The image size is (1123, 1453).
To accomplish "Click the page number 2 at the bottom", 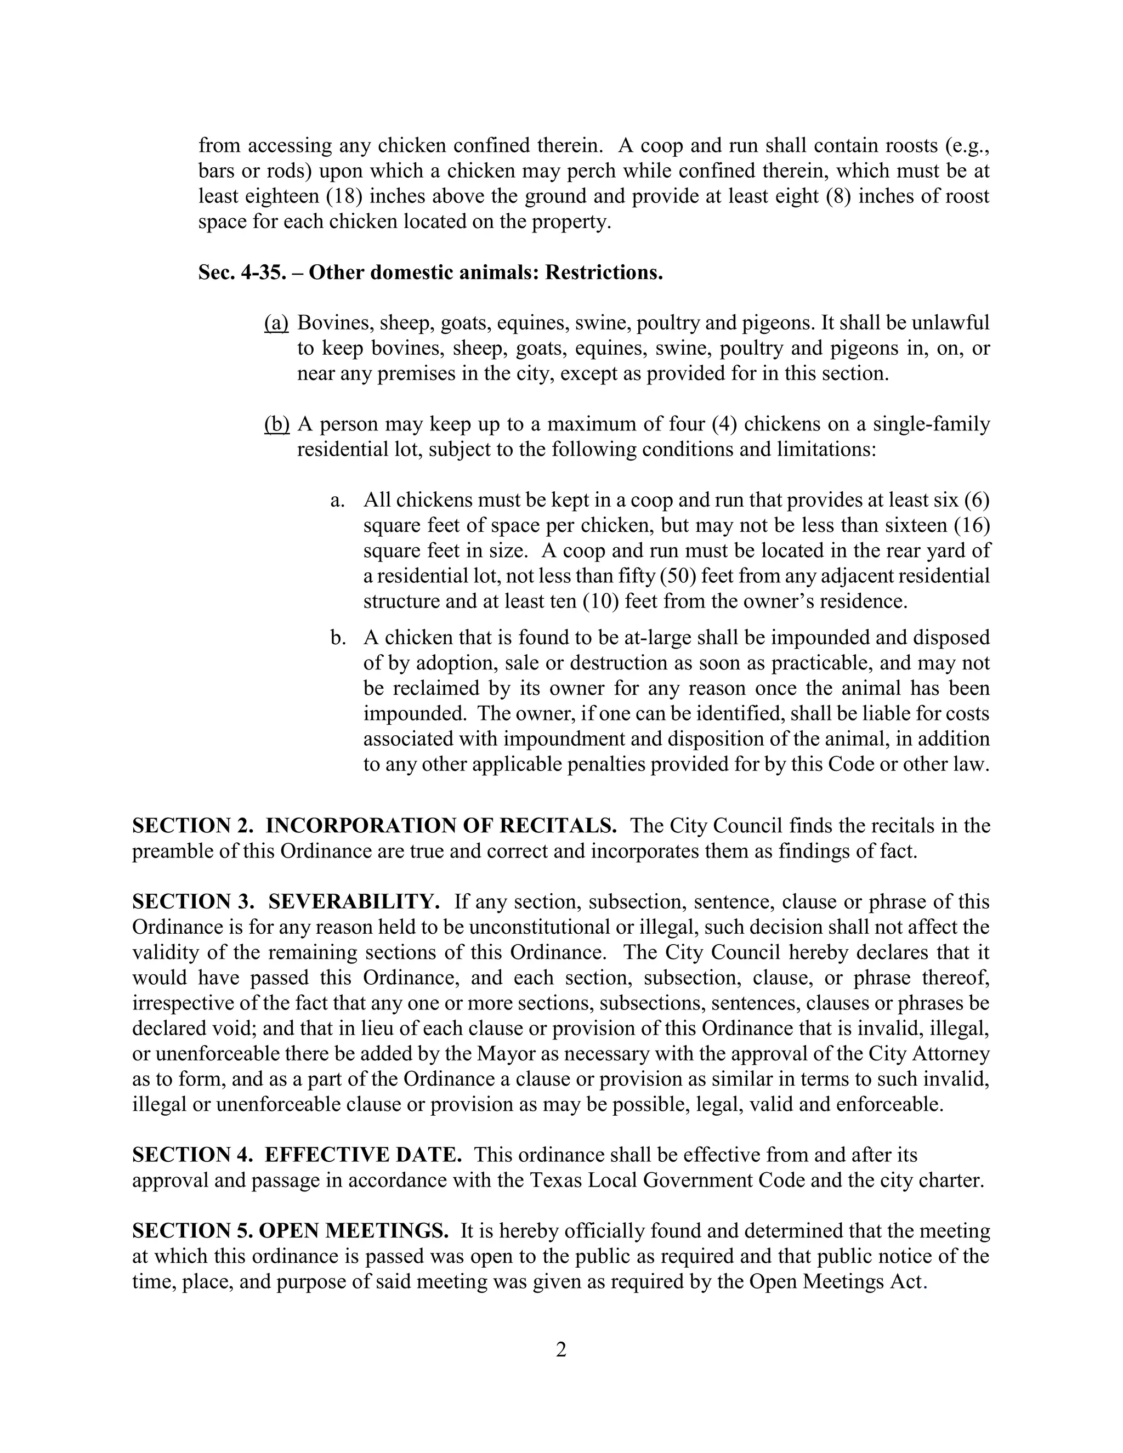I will pos(561,1350).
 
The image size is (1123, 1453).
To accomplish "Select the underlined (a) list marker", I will pos(276,323).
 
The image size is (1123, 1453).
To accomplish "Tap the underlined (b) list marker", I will pos(277,424).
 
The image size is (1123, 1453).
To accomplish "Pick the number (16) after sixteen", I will pos(972,526).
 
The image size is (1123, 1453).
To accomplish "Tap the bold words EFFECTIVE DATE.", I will pos(363,1154).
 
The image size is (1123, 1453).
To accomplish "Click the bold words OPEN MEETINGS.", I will pos(353,1231).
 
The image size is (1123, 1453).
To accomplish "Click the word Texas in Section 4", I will pos(555,1180).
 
